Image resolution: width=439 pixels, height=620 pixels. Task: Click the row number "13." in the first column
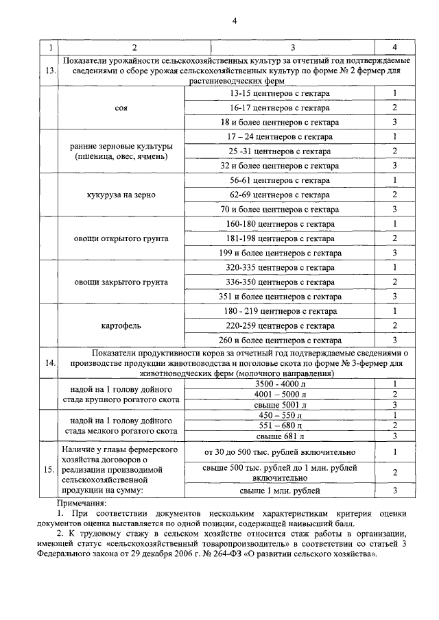coord(49,71)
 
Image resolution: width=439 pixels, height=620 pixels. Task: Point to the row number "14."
coord(49,364)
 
